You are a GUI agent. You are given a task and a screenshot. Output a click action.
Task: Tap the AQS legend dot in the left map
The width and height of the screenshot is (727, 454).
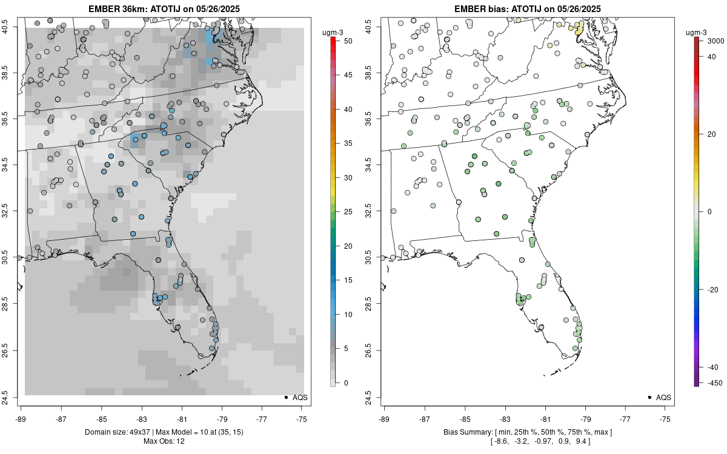point(285,397)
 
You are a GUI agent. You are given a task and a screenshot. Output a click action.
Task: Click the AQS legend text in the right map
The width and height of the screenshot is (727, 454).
point(663,397)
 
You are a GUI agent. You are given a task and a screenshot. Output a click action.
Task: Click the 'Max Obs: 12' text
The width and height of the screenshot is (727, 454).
point(164,441)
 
